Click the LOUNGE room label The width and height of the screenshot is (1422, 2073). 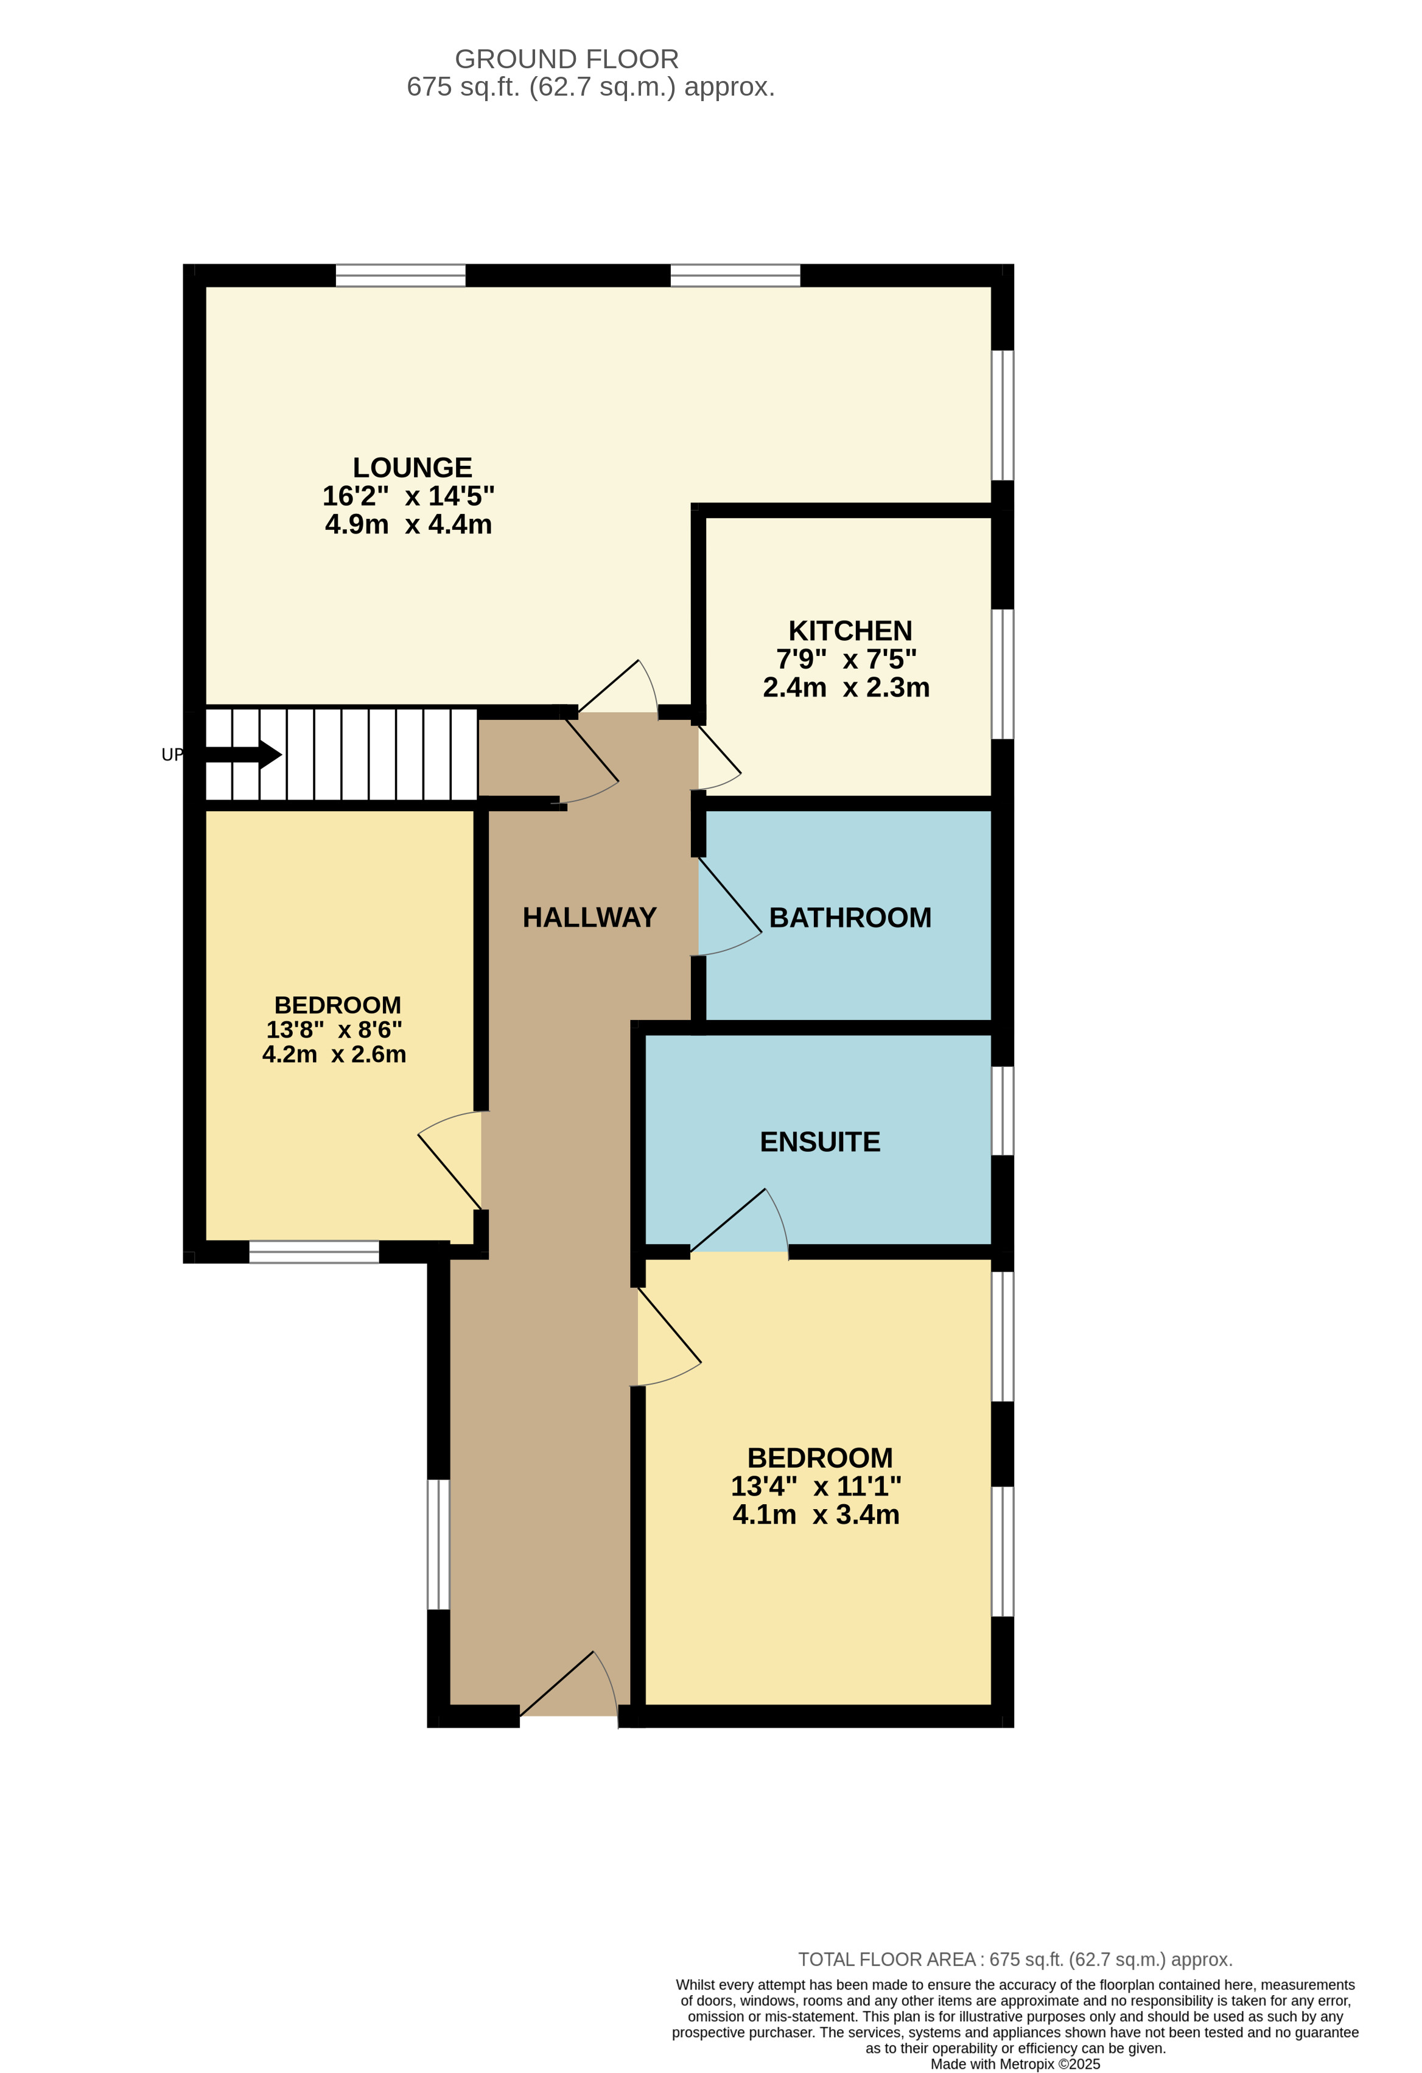pos(412,468)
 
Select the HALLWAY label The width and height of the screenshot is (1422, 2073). pos(589,917)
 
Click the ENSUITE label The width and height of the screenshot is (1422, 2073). pos(819,1142)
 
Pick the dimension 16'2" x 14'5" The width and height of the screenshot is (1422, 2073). pos(408,496)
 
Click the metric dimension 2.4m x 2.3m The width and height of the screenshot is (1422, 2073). pos(846,688)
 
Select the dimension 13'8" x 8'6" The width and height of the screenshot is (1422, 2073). pos(334,1029)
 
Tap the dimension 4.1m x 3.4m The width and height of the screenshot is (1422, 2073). pos(816,1515)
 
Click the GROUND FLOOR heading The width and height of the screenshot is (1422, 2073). pos(567,59)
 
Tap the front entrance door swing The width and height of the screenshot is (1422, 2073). pos(570,1683)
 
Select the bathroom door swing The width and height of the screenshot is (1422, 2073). pos(731,901)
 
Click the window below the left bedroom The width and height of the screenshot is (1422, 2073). pos(314,1251)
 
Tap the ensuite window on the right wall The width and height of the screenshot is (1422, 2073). pos(1003,1111)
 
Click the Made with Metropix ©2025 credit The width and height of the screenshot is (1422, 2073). pos(1015,2064)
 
